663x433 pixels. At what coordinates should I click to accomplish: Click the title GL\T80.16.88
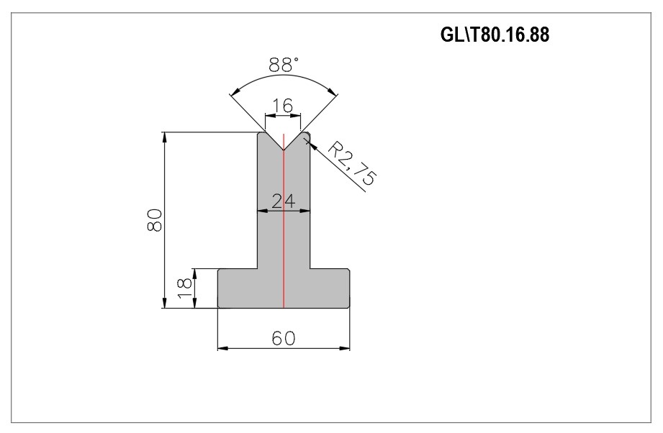(495, 35)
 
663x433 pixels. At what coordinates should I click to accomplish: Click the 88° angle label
(284, 65)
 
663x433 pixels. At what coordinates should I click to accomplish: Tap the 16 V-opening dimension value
(282, 106)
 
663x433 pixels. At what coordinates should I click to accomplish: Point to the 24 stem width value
(284, 201)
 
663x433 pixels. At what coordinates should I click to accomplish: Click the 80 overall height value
(155, 219)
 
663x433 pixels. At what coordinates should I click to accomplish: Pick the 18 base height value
(185, 288)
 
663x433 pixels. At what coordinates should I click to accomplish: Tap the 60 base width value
(284, 338)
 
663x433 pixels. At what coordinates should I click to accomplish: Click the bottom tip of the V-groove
(284, 150)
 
